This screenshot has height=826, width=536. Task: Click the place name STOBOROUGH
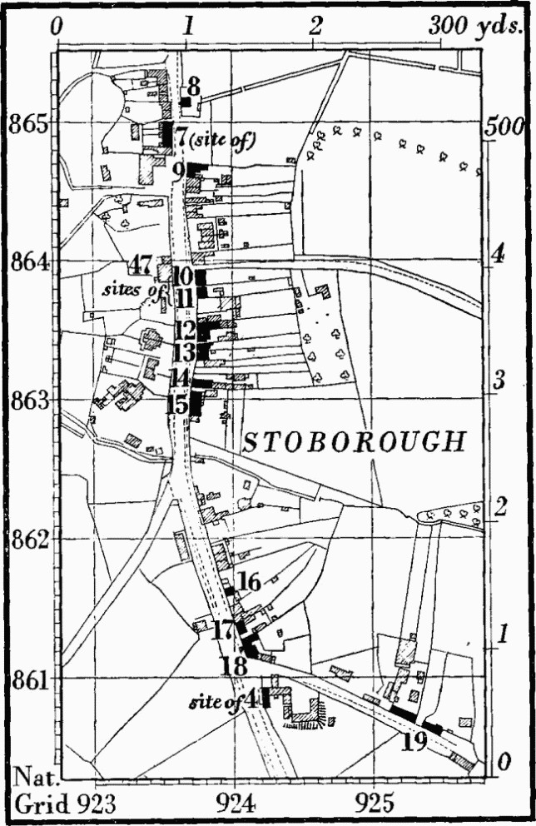click(353, 443)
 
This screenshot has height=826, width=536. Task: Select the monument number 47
click(140, 266)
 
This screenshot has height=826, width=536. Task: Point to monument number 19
click(414, 740)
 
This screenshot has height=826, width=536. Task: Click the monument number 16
click(249, 582)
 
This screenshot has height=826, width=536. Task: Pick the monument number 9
click(178, 171)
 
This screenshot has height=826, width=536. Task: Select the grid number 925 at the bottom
click(377, 805)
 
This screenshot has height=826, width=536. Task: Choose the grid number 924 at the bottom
click(236, 805)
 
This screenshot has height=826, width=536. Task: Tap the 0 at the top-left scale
click(57, 27)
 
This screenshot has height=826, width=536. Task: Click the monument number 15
click(177, 406)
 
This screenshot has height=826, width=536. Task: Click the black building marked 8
click(186, 102)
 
